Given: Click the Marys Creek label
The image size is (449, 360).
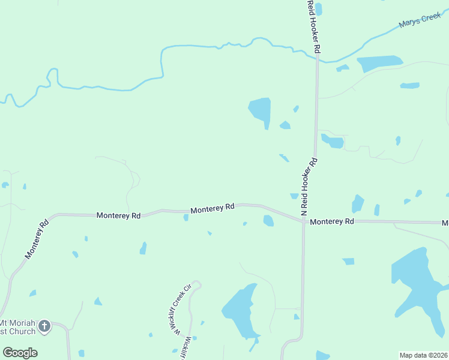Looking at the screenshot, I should click(x=420, y=21).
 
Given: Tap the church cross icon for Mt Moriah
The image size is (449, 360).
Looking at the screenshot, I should click(x=44, y=326).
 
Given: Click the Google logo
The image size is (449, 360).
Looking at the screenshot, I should click(x=20, y=353).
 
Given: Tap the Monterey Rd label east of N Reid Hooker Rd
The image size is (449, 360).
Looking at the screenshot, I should click(x=332, y=221).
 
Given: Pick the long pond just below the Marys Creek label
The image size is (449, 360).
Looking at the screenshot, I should click(x=379, y=62).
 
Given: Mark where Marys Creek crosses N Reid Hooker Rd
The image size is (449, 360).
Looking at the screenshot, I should click(x=316, y=58).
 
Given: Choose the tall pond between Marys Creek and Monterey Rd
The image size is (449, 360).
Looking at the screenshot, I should click(x=261, y=111).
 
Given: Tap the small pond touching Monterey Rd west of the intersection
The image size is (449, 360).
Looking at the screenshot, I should click(x=268, y=221).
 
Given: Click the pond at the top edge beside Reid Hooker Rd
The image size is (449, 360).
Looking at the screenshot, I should click(x=319, y=8).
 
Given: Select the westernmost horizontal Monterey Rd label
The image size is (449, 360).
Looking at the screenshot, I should click(x=118, y=215).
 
